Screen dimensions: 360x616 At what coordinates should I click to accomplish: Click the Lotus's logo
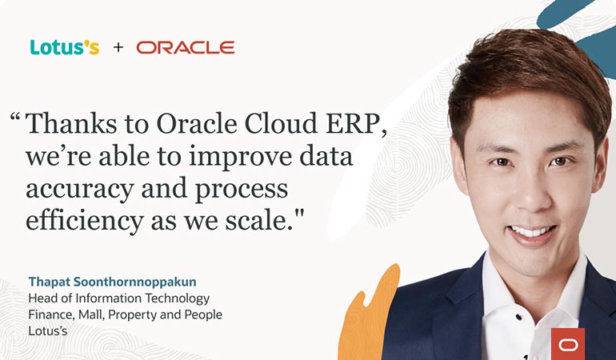pos(65,47)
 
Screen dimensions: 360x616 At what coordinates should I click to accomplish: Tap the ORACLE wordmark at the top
pos(185,48)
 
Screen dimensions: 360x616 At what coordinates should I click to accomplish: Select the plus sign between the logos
pos(118,48)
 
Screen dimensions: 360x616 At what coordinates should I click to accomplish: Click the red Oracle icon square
pos(568,343)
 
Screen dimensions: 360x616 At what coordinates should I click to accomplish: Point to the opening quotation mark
pos(15,120)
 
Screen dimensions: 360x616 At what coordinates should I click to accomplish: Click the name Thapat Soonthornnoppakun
pos(111,282)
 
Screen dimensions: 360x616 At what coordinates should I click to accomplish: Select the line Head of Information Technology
pos(118,298)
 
